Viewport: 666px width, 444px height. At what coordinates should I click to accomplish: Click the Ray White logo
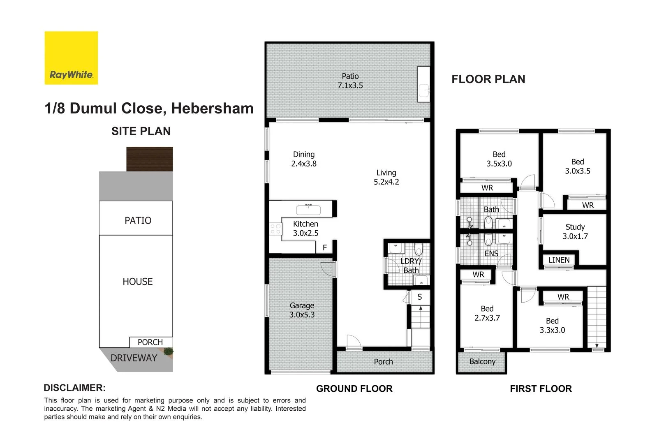point(71,58)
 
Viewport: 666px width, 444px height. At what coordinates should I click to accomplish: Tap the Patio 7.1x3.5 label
point(350,81)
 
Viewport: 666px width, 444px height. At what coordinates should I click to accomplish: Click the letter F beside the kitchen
point(325,247)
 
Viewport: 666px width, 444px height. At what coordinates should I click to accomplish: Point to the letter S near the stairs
point(419,297)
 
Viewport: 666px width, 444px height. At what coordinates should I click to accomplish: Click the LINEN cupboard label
point(559,260)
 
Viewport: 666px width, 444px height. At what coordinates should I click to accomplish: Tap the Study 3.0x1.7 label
point(575,231)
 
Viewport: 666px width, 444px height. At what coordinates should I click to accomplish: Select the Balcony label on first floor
point(482,361)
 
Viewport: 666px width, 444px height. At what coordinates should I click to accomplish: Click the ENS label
point(491,254)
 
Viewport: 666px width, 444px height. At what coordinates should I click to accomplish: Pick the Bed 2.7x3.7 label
point(487,313)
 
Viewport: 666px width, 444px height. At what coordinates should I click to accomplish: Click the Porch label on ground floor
point(383,362)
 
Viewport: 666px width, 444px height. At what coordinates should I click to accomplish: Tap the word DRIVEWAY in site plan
point(134,358)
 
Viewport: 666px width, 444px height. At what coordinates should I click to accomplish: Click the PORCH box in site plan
point(150,342)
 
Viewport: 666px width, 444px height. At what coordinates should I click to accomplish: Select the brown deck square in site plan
point(150,159)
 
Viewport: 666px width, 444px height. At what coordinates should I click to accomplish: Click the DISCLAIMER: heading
point(74,388)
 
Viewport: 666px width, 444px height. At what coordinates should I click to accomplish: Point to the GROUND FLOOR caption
point(354,388)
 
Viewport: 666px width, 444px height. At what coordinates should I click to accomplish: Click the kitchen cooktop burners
point(275,229)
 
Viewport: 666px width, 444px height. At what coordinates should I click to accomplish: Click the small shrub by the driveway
point(168,351)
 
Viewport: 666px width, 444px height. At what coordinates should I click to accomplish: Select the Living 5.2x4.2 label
point(386,177)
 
